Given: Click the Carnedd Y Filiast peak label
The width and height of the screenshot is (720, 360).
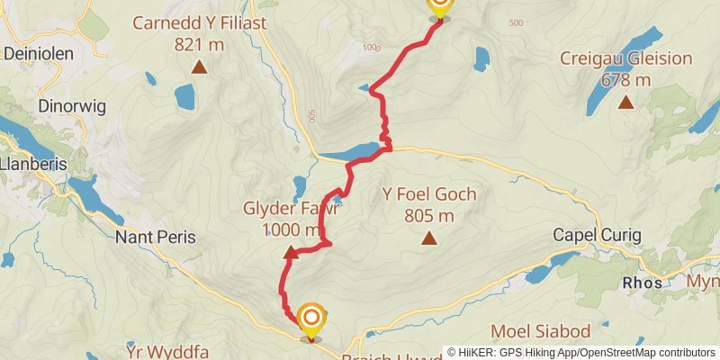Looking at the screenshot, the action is point(199,32).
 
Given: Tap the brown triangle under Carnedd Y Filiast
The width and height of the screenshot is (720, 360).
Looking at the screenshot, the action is point(199,67).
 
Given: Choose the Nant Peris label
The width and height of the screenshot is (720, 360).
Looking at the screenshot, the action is point(156,238).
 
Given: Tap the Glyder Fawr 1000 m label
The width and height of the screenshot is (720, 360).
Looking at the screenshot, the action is point(291,219).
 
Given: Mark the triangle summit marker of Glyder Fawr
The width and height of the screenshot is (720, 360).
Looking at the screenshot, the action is point(291,253).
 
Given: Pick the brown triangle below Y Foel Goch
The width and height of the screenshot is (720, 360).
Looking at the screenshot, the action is point(429,238).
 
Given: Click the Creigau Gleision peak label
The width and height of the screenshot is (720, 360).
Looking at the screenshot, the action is point(625,69).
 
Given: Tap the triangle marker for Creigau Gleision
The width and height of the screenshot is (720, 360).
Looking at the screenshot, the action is point(625,102).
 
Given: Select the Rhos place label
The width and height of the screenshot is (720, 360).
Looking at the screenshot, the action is point(643,283).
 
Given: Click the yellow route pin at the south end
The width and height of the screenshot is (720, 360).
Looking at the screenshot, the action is point(311,320).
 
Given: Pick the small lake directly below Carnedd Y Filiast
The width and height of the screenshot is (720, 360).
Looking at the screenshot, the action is point(184,94).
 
